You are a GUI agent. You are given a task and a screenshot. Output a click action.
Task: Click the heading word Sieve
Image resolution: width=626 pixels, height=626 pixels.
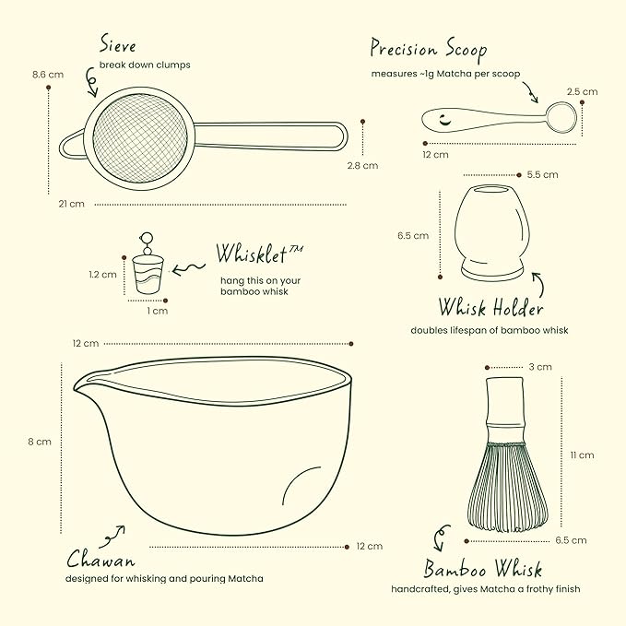click(118, 43)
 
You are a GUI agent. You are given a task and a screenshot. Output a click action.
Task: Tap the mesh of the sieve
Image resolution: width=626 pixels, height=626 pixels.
click(140, 138)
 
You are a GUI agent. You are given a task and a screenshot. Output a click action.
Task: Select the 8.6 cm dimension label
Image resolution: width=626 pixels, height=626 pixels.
click(48, 75)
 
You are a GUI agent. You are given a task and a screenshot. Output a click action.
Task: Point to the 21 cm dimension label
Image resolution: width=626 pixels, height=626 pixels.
click(72, 204)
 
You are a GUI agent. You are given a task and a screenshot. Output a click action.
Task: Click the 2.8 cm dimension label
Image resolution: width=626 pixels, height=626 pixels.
click(362, 166)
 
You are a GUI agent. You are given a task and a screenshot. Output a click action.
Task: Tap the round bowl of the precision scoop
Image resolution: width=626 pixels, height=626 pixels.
click(561, 117)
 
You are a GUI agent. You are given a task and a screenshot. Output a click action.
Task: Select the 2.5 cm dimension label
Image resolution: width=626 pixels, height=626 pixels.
click(582, 92)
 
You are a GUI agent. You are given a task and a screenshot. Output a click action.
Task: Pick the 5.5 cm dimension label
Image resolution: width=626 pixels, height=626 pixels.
click(542, 175)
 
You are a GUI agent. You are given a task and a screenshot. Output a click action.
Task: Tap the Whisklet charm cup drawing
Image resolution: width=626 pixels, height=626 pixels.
click(148, 275)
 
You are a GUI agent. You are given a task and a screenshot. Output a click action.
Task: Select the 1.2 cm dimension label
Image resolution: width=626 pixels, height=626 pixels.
click(102, 275)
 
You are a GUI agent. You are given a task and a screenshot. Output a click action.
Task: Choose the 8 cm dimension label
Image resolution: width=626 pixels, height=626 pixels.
click(40, 442)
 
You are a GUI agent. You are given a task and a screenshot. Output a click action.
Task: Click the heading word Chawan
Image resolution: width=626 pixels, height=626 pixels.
click(100, 559)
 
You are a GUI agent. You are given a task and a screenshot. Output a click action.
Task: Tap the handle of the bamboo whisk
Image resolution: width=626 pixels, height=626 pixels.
click(505, 409)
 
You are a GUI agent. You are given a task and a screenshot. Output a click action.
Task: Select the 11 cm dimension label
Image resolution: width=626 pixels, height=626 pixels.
click(582, 455)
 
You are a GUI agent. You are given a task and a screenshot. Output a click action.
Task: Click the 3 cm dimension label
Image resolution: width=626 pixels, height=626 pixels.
click(540, 367)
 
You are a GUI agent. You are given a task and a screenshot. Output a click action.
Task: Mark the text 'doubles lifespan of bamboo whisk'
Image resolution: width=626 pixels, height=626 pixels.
click(490, 331)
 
